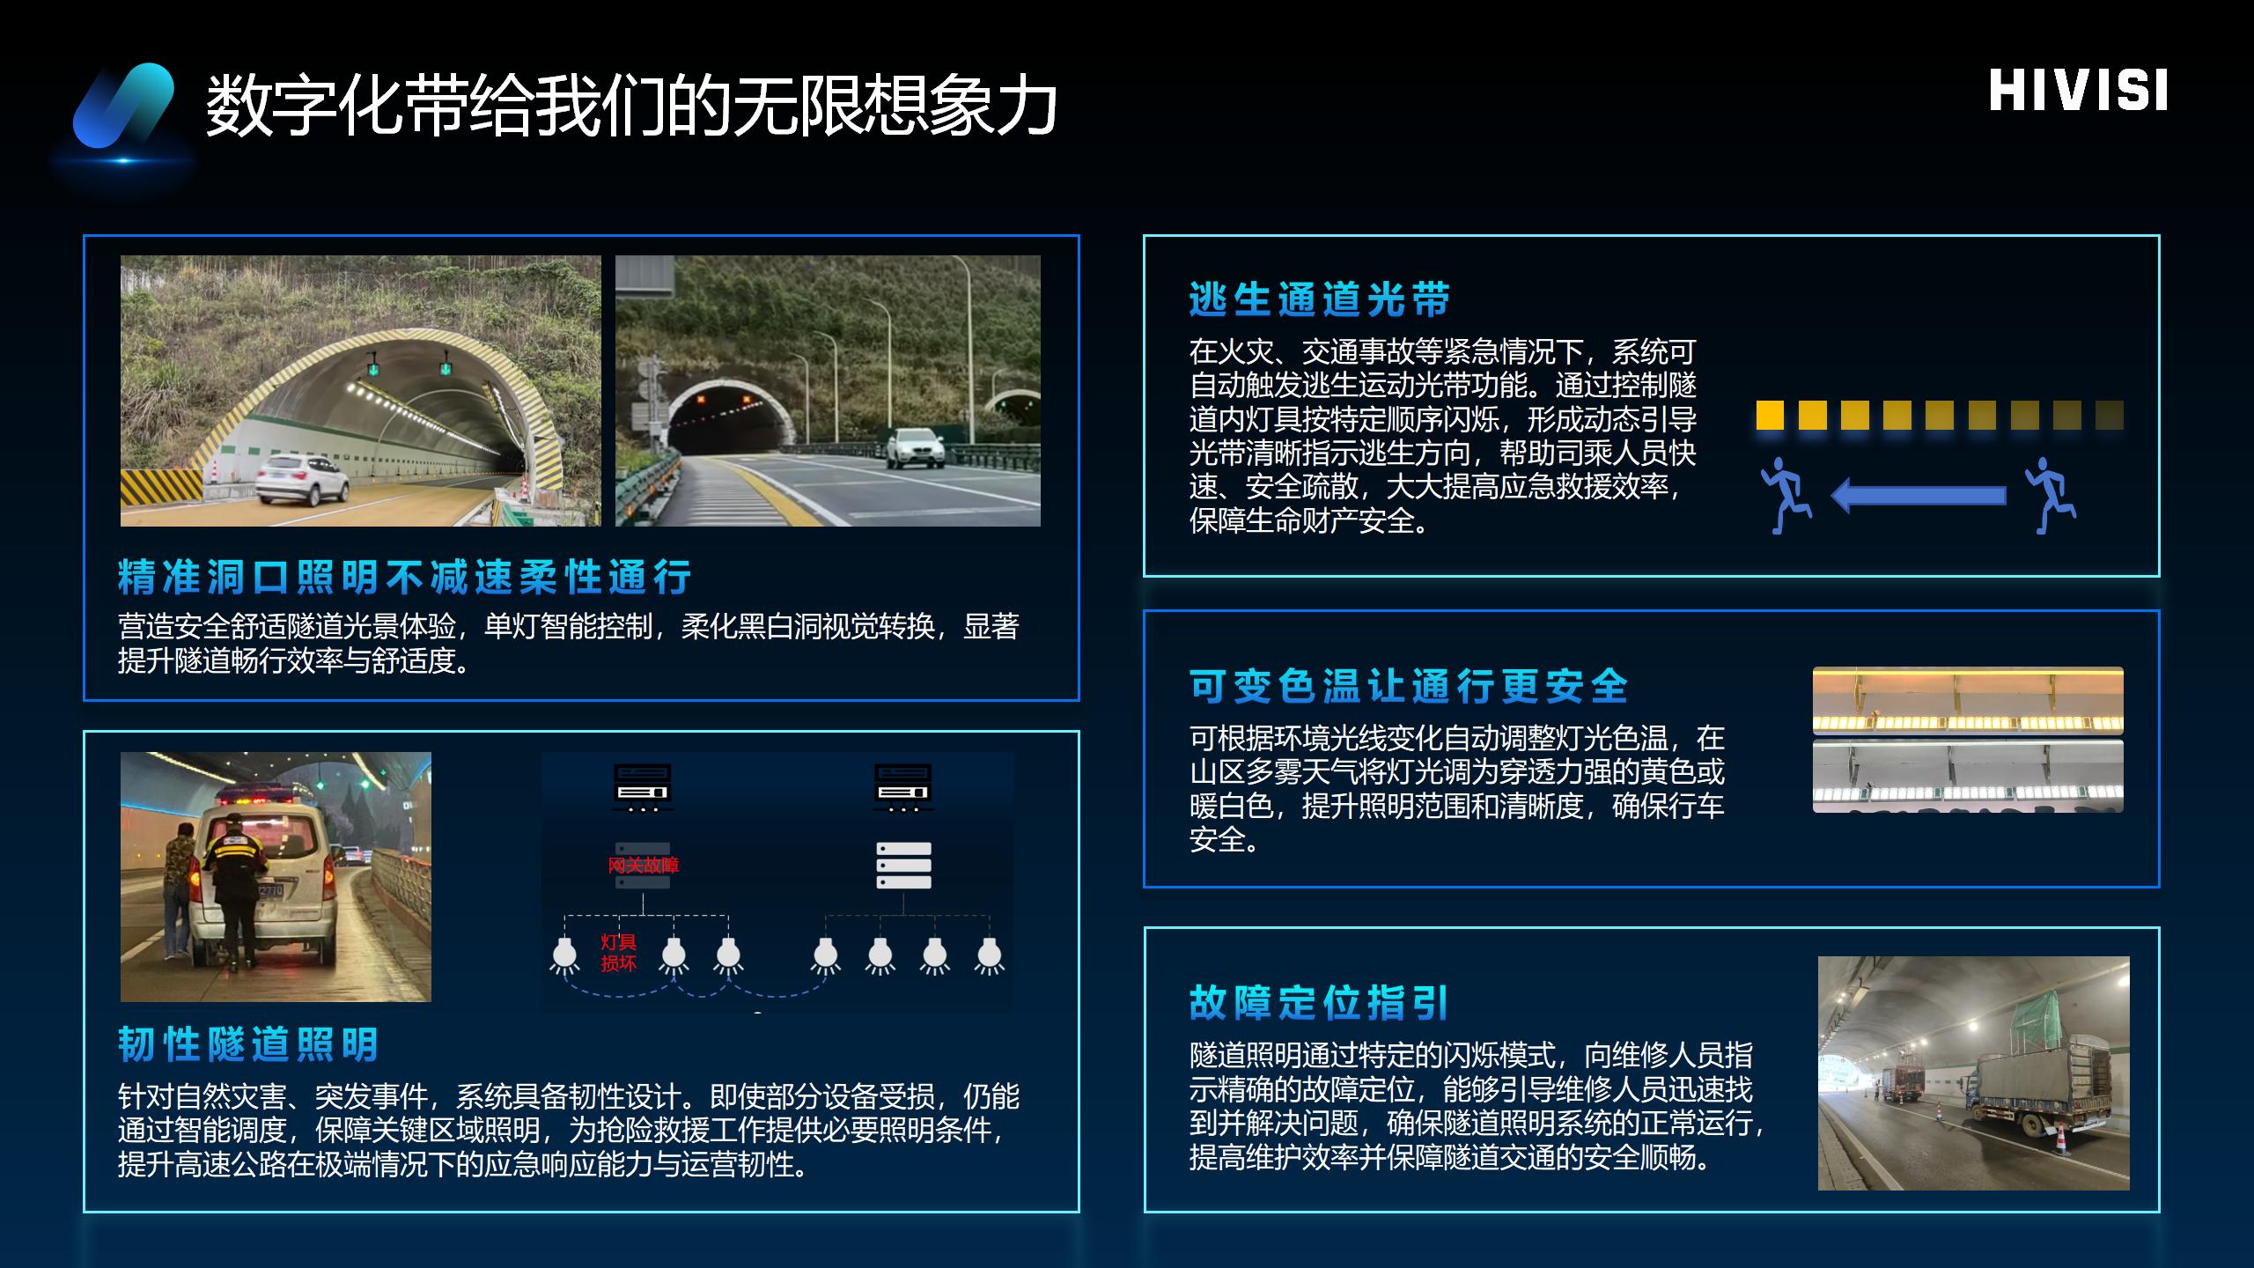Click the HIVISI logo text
2078,91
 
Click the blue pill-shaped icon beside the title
123,106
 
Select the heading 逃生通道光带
1319,299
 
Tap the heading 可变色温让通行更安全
1409,686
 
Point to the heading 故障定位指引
1319,1003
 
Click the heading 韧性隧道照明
248,1044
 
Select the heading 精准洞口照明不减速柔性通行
404,577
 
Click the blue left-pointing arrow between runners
1919,495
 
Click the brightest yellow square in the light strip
1770,415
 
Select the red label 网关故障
643,865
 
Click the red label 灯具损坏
618,953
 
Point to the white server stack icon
903,866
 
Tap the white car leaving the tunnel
915,447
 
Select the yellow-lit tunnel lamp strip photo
1968,701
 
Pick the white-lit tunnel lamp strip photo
1968,776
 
